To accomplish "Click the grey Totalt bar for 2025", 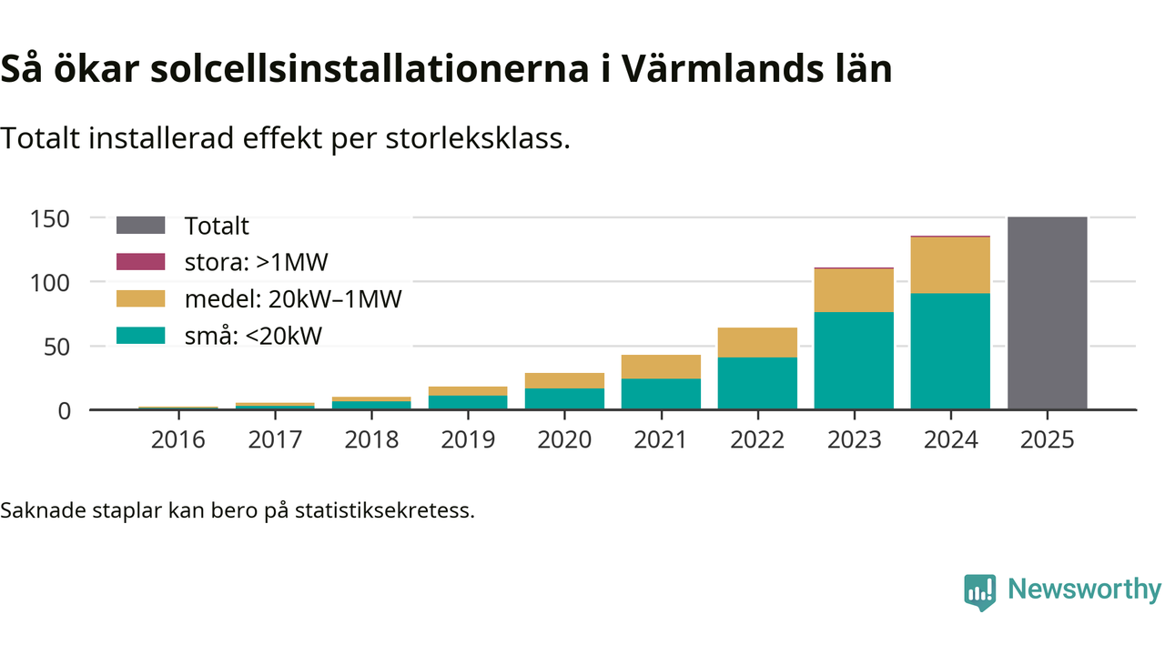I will point(1047,313).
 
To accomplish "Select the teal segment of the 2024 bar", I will point(950,351).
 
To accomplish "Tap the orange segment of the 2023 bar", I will point(854,290).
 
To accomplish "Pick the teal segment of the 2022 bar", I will point(757,383).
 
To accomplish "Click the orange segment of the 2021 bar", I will point(661,367).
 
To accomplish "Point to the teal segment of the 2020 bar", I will point(564,398).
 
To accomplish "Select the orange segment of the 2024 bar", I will point(950,265).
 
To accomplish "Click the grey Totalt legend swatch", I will point(141,226).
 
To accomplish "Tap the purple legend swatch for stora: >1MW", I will point(141,262).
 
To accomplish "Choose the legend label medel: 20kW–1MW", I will point(292,298).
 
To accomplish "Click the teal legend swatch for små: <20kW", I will point(141,335).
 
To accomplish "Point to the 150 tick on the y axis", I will point(51,218).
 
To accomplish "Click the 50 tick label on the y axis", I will point(57,347).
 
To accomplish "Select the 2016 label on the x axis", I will point(178,440).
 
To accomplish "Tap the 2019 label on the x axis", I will point(468,440).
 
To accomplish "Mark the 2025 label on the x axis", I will point(1047,440).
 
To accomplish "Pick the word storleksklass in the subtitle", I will point(484,138).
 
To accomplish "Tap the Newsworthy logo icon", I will point(979,591).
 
